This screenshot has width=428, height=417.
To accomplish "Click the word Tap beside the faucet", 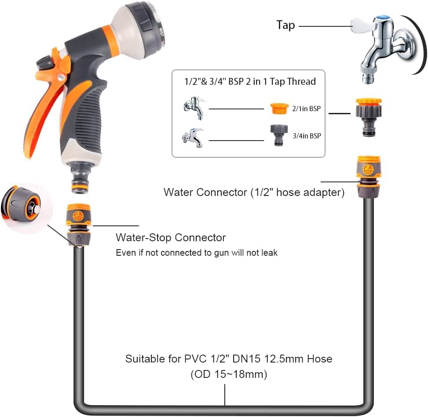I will (x=285, y=25).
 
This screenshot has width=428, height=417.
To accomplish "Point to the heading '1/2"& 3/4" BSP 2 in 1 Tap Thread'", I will (x=249, y=81).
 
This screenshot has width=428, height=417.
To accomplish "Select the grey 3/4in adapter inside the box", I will (x=278, y=135).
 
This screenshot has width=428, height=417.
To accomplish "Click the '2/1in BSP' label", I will (x=306, y=109).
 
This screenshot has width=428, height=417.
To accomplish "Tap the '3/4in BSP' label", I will (x=306, y=136).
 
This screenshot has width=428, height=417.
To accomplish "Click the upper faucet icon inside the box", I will (x=194, y=108).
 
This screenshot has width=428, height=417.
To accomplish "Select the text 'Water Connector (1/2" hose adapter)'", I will (x=254, y=192).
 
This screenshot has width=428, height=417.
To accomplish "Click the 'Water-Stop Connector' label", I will (x=171, y=238).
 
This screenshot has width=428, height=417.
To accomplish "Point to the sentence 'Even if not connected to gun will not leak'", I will (x=197, y=253).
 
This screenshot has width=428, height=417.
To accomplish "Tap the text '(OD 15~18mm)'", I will (x=229, y=374).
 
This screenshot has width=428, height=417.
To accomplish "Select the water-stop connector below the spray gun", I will (x=79, y=224).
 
